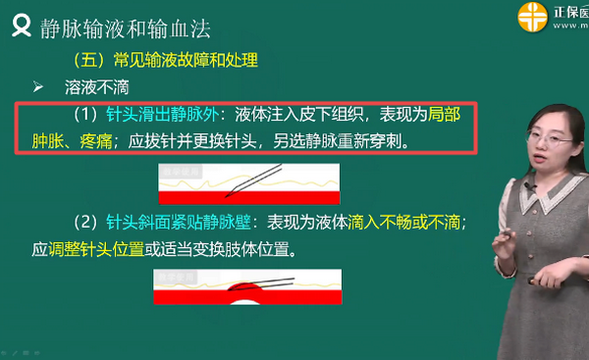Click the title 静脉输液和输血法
coord(126,26)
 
